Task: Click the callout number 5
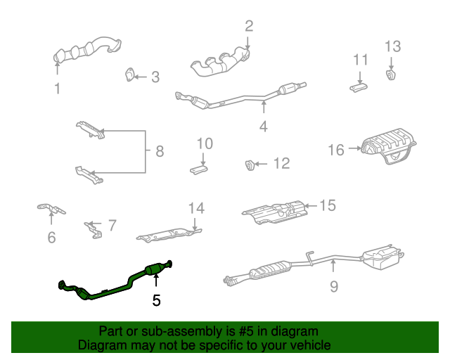click(x=156, y=300)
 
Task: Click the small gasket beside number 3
click(x=129, y=75)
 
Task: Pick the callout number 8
click(x=159, y=150)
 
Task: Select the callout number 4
click(x=263, y=127)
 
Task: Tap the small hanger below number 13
click(x=391, y=75)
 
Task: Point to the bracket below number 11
click(x=359, y=86)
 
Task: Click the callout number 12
click(x=281, y=164)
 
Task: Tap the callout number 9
click(x=333, y=285)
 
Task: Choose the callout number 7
click(x=112, y=226)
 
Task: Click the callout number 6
click(x=51, y=238)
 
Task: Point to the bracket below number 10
click(x=199, y=169)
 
